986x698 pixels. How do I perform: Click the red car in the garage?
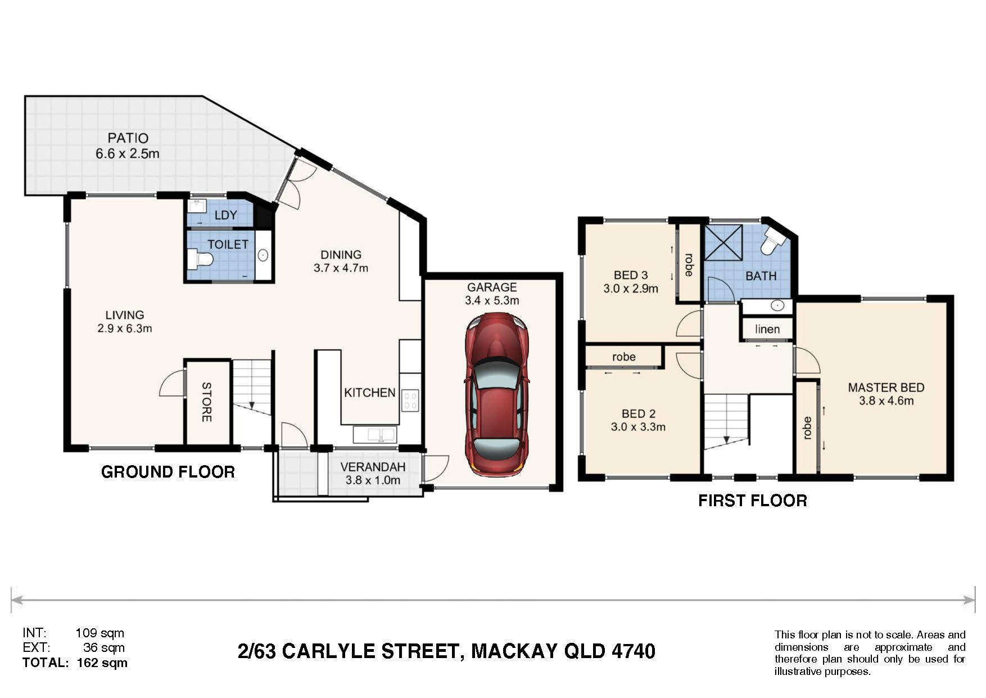coord(496,395)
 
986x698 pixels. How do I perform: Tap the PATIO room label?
coord(128,138)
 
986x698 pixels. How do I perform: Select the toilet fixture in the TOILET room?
coord(200,259)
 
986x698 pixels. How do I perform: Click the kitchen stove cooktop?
coord(410,400)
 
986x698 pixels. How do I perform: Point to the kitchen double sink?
coord(375,434)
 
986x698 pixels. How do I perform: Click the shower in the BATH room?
coord(724,242)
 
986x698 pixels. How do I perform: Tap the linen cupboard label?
coord(767,329)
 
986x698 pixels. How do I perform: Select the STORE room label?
coord(206,402)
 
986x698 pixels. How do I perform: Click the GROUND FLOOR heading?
coord(168,472)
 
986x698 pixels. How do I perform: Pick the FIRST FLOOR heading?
coord(753,501)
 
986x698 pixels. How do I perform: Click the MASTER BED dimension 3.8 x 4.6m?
coord(887,401)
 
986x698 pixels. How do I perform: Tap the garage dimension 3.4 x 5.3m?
coord(492,300)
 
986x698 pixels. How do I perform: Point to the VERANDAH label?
coord(373,467)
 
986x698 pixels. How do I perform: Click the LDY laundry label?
coord(226,215)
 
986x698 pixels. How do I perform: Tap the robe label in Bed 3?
coord(688,264)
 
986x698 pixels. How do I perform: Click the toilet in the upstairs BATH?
coord(774,241)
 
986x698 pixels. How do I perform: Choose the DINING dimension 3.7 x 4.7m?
coord(341,268)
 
